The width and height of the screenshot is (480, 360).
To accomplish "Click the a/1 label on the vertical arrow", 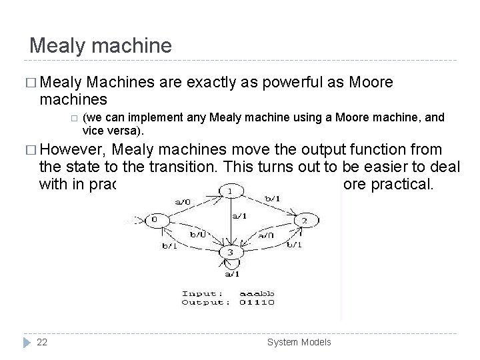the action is tap(239, 215).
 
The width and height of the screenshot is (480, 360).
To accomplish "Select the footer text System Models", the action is tap(299, 342).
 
